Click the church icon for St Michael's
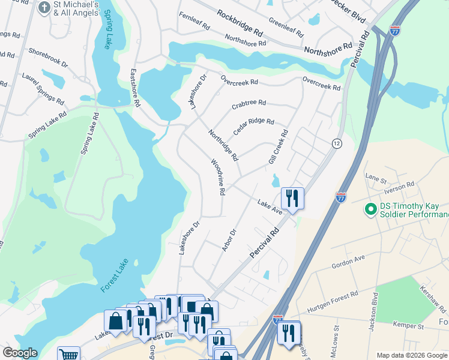coord(44,8)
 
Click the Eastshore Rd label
coord(136,88)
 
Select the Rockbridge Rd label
coord(240,22)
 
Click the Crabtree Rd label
coord(249,103)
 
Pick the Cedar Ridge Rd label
coord(253,126)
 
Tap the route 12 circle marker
coord(337,143)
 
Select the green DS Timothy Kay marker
coord(371,210)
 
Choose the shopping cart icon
coord(69,355)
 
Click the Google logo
coord(20,353)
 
